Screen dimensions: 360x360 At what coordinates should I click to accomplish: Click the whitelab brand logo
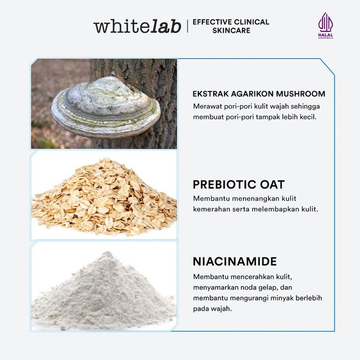(x=137, y=26)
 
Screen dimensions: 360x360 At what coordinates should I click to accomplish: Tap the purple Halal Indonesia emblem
(x=326, y=25)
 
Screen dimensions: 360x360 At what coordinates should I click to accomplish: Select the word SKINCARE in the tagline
(x=231, y=31)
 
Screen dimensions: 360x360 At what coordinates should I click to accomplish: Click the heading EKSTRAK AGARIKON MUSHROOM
(x=259, y=94)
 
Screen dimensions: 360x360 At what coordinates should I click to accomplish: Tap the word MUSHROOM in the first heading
(x=300, y=94)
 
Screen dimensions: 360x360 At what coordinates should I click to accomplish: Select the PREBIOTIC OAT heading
(x=239, y=184)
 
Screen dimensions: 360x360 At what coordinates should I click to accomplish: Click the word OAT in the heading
(x=272, y=184)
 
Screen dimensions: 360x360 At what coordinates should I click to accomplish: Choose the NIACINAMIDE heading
(x=235, y=261)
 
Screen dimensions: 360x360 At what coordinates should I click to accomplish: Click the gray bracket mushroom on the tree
(x=106, y=108)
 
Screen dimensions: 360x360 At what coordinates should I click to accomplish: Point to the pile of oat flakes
(x=105, y=197)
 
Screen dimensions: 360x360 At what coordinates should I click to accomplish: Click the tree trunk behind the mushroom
(x=161, y=76)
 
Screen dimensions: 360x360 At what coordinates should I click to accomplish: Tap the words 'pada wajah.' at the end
(x=212, y=309)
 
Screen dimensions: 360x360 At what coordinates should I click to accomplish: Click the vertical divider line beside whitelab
(x=187, y=26)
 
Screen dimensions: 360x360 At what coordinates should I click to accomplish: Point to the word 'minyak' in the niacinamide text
(x=282, y=298)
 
